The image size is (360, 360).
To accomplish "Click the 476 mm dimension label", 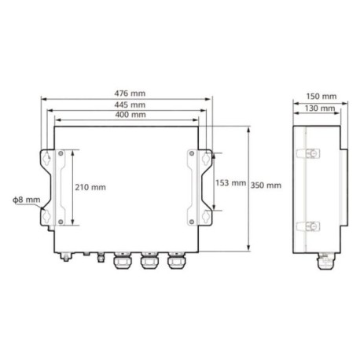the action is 130,94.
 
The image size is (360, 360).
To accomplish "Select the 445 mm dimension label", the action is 130,105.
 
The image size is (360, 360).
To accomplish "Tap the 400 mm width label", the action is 130,115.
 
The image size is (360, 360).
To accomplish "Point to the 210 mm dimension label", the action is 90,187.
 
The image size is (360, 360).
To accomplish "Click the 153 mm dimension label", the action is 230,182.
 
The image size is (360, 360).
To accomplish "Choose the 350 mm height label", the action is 266,186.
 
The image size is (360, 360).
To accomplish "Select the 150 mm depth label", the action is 321,97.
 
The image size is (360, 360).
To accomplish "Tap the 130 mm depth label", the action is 320,108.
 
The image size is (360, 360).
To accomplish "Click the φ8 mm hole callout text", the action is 27,200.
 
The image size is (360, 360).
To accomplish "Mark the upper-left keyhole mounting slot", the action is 46,158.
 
